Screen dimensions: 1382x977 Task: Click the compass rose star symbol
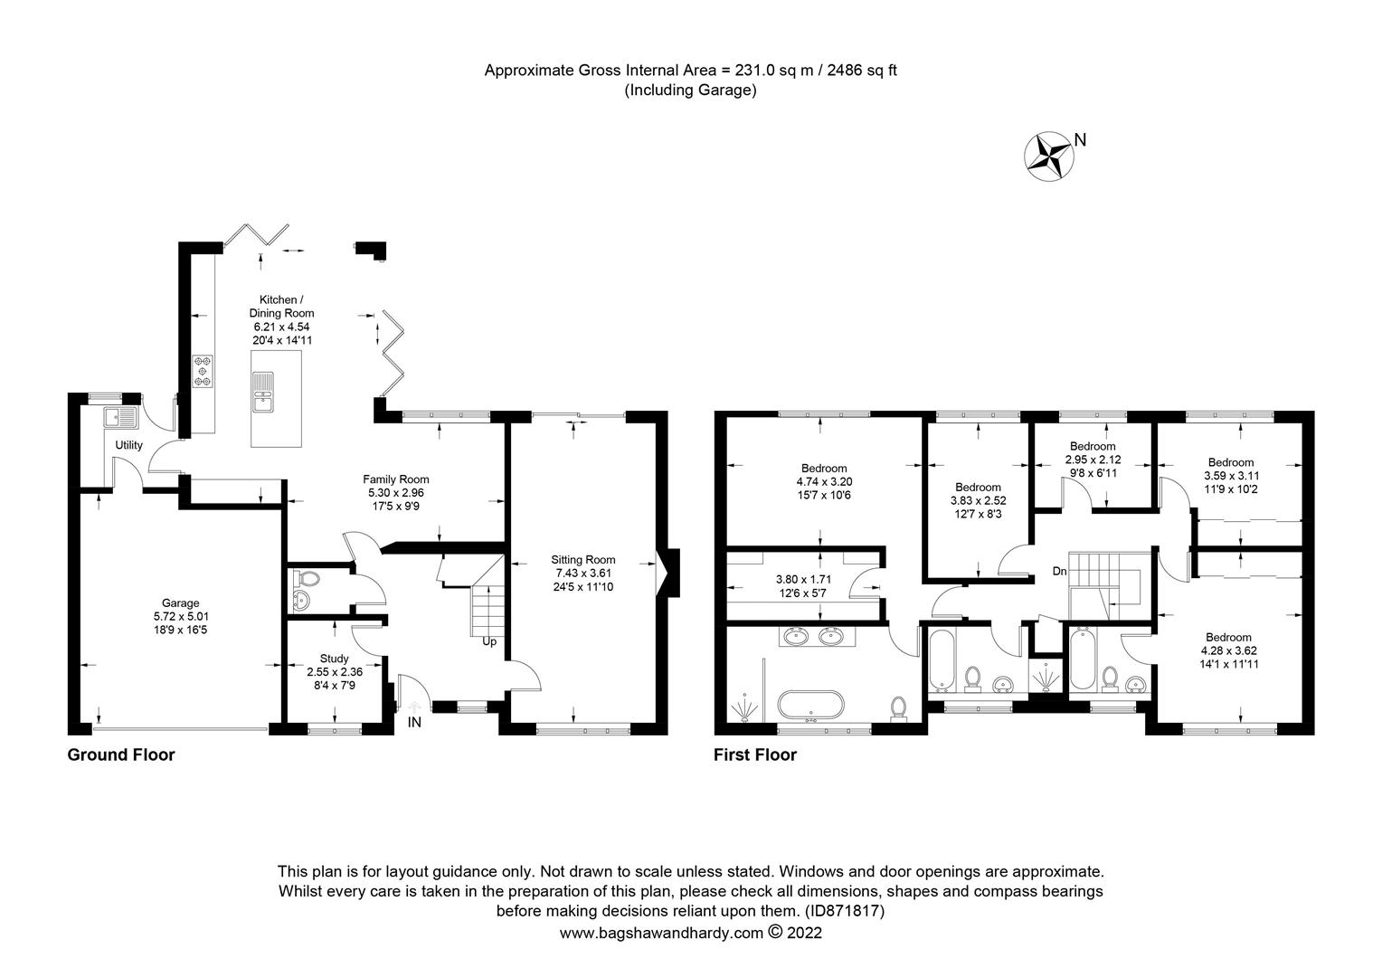[1047, 157]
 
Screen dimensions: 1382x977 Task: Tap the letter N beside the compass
[1079, 139]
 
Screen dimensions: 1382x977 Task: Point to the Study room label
[333, 659]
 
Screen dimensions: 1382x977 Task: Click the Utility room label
[128, 445]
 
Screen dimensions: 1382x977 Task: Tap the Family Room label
[395, 479]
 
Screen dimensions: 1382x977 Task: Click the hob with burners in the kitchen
[203, 370]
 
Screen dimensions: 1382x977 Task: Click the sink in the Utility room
[120, 417]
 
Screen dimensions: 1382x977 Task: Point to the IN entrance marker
[415, 722]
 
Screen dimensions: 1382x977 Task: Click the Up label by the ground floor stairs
[488, 641]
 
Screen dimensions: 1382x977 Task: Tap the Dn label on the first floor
[1059, 571]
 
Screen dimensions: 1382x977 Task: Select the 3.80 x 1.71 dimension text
[803, 580]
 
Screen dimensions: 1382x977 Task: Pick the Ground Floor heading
[121, 754]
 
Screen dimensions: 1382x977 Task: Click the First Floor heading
[754, 754]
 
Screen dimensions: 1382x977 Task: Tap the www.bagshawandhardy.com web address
[661, 934]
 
